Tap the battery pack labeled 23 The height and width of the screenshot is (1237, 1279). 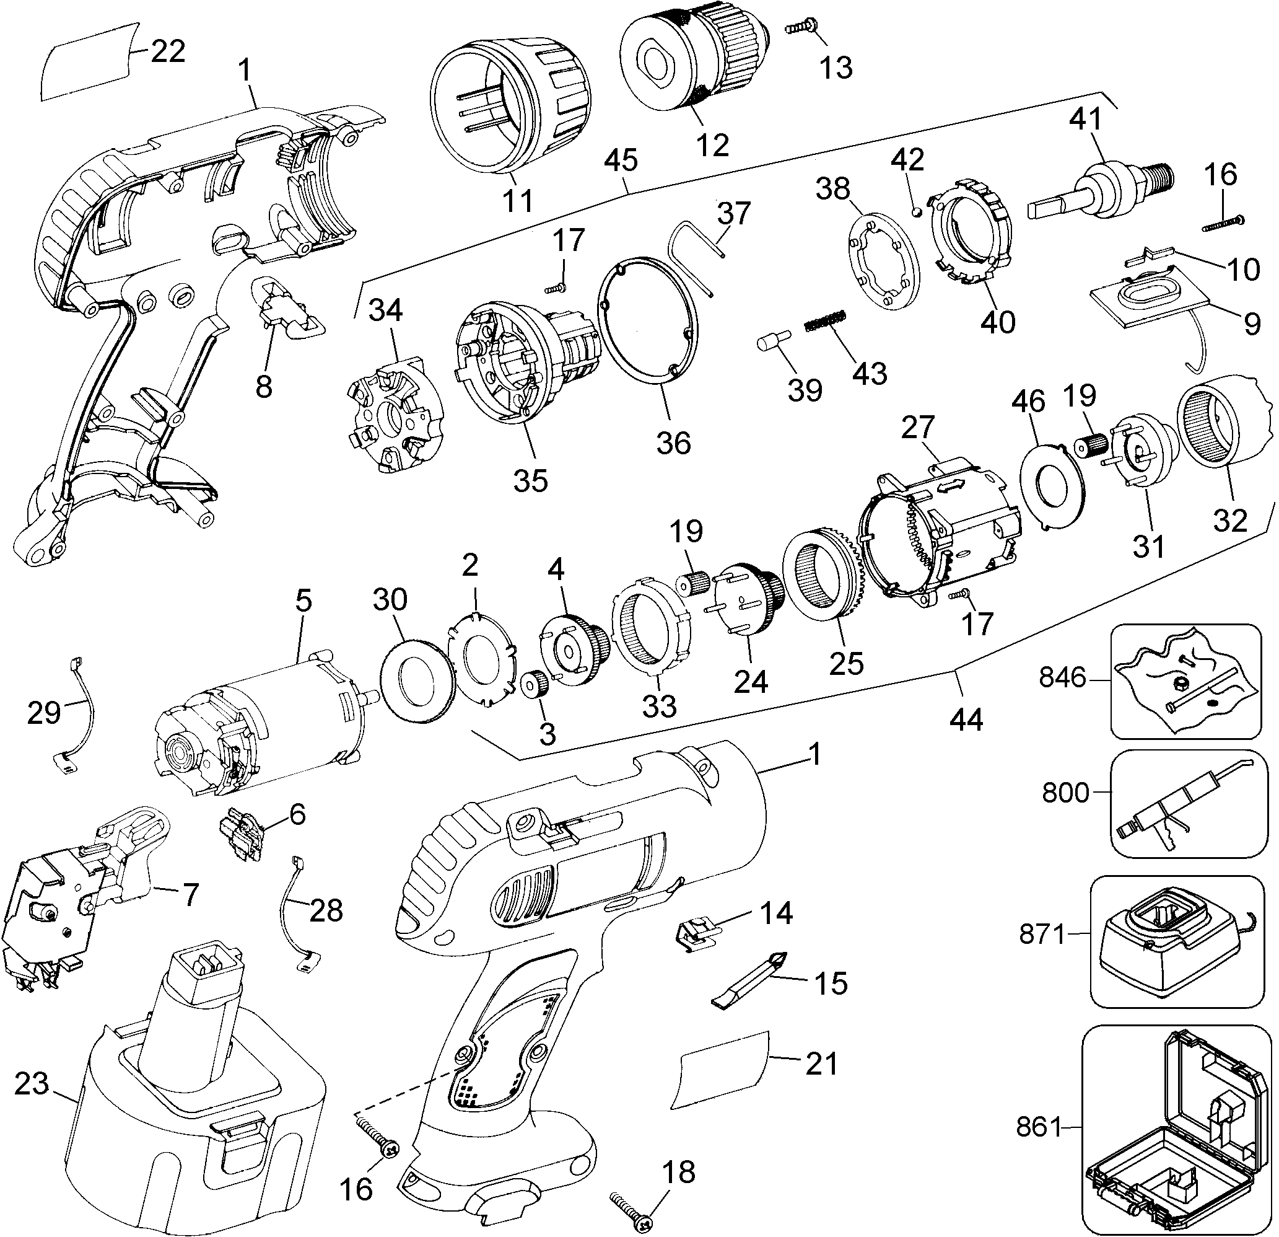pyautogui.click(x=196, y=1110)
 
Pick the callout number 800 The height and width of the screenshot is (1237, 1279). pyautogui.click(x=1065, y=793)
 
